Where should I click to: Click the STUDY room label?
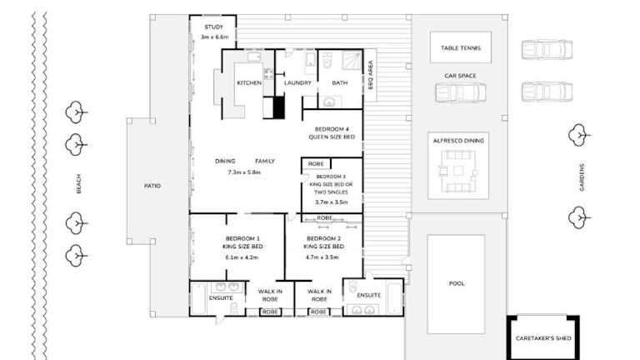213,27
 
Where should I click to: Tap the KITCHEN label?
249,82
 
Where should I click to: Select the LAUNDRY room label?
297,82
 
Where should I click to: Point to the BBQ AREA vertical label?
371,75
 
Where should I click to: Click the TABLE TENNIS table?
460,47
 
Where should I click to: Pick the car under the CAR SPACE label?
460,92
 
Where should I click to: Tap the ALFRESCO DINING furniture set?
458,171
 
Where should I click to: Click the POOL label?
457,283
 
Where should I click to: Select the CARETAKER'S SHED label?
543,338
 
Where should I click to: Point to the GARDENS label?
582,177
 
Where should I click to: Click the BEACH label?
78,183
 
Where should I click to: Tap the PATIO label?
152,186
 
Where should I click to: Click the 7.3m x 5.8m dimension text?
244,172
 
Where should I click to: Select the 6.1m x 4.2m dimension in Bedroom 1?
242,257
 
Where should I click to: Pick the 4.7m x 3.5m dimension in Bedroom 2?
322,257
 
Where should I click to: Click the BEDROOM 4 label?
332,129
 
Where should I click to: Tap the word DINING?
225,161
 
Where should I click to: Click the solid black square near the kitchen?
278,107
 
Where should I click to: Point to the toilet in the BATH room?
327,60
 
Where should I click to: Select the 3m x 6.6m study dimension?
214,37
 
